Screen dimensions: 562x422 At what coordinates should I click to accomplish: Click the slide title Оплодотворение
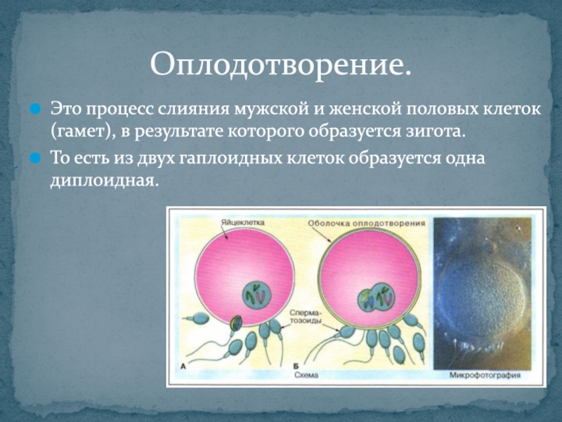(x=280, y=64)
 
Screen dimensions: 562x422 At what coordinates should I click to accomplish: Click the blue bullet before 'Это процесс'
(x=35, y=108)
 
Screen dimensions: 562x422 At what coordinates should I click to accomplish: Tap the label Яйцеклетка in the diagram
(x=242, y=222)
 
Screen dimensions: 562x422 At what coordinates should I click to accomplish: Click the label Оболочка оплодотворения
(x=367, y=223)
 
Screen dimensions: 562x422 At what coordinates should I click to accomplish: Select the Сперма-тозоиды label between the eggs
(x=306, y=316)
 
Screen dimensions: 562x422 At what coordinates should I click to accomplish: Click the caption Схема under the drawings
(x=306, y=375)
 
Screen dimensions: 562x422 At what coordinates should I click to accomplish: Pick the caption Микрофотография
(x=485, y=375)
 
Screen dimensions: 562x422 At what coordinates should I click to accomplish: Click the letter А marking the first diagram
(x=183, y=366)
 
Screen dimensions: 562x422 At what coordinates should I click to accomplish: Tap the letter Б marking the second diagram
(x=296, y=366)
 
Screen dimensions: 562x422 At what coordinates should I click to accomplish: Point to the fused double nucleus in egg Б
(x=377, y=298)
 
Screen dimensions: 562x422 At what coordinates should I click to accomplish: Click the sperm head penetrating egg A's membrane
(x=236, y=323)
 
